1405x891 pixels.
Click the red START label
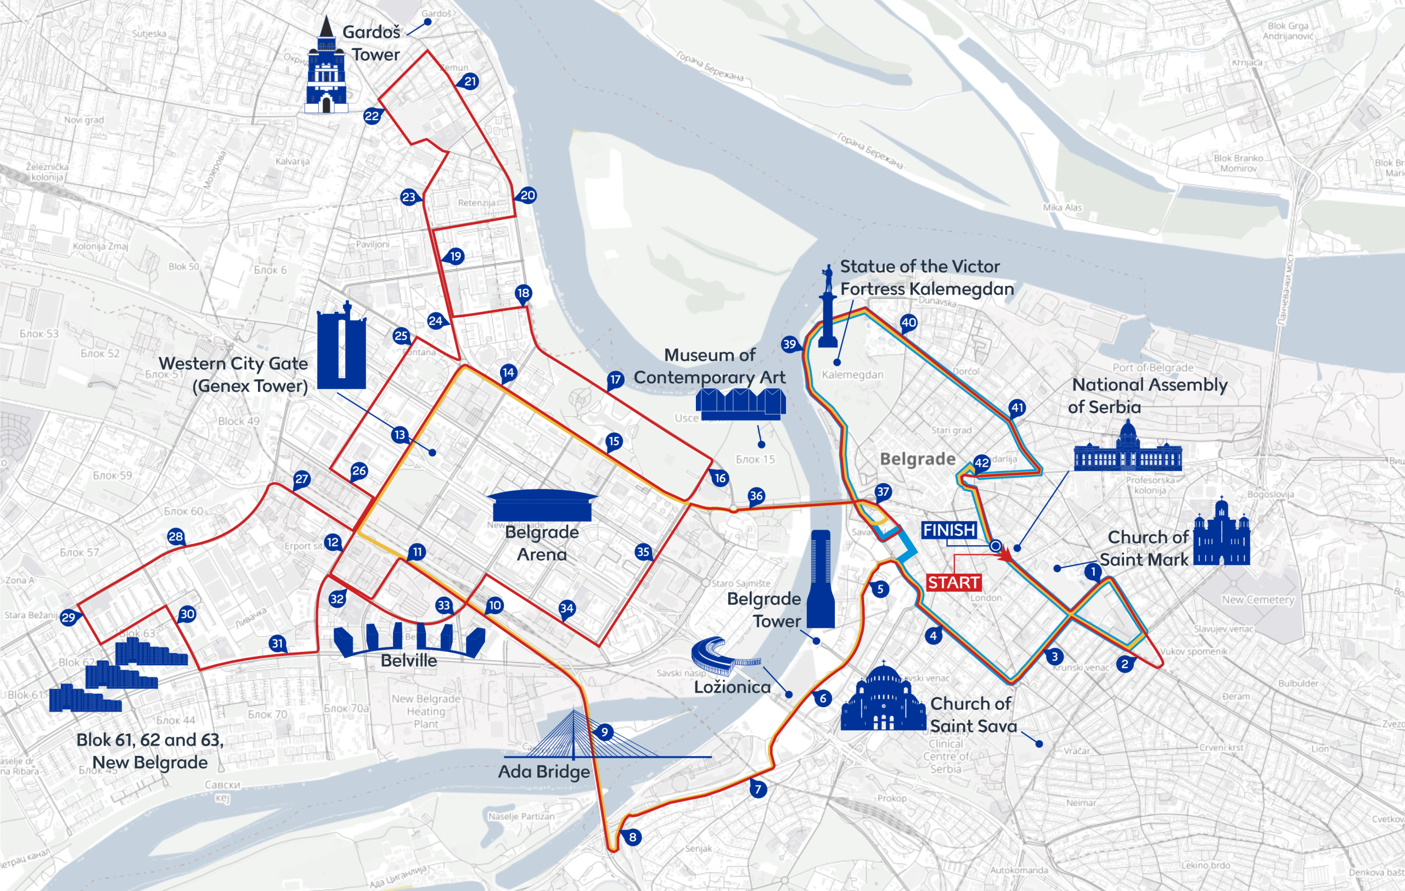click(953, 582)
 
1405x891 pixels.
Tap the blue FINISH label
click(949, 530)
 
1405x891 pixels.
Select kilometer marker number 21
click(470, 82)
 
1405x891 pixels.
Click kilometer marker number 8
click(632, 837)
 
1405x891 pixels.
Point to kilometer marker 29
click(68, 618)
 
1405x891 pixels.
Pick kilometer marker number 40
click(908, 322)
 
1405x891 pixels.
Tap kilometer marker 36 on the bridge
click(756, 496)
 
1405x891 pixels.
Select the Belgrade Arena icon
click(542, 505)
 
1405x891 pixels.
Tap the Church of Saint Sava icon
click(883, 700)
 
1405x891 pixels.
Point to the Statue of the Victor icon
click(828, 309)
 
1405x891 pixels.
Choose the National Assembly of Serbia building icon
click(1127, 449)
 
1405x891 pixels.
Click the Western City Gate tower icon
click(341, 347)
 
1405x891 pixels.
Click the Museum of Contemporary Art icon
click(740, 404)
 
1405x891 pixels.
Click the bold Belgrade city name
click(917, 458)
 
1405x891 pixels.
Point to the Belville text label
click(408, 660)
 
